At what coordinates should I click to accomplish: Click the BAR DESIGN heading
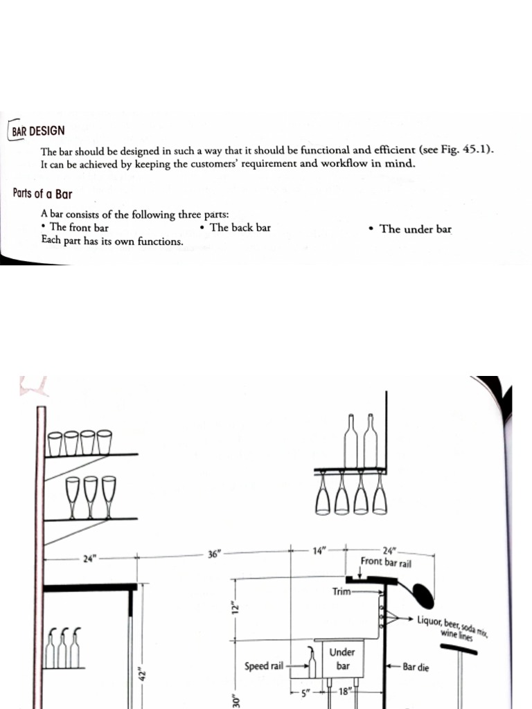pyautogui.click(x=39, y=130)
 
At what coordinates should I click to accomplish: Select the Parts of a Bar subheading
pyautogui.click(x=42, y=193)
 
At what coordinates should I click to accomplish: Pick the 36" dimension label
pyautogui.click(x=214, y=554)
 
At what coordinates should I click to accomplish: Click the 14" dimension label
pyautogui.click(x=319, y=552)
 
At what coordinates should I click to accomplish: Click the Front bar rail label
pyautogui.click(x=386, y=563)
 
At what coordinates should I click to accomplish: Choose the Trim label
pyautogui.click(x=342, y=592)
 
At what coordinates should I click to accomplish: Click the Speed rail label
pyautogui.click(x=264, y=666)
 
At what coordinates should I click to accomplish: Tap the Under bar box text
pyautogui.click(x=342, y=658)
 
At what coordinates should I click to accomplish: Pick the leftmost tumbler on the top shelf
pyautogui.click(x=55, y=443)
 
